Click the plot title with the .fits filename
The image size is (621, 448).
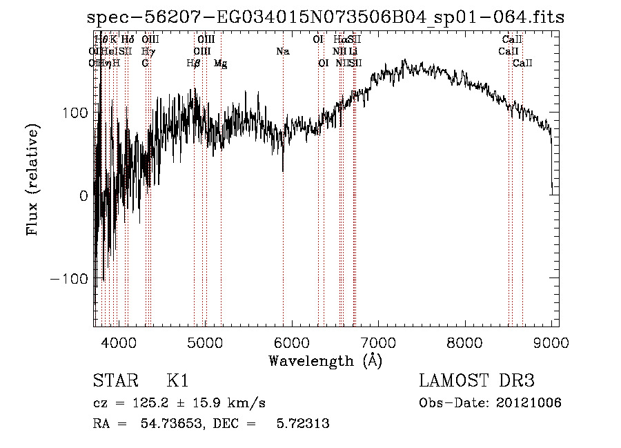tap(326, 17)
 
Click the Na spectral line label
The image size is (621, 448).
tap(282, 51)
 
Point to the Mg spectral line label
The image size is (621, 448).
tap(220, 64)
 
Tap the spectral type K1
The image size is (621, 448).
tap(177, 381)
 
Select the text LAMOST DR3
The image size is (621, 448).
tap(477, 381)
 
